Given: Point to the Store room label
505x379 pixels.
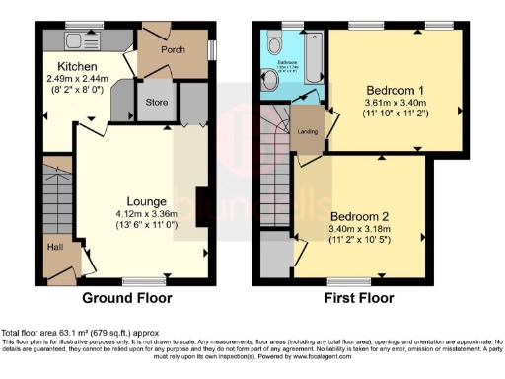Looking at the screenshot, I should click(156, 102).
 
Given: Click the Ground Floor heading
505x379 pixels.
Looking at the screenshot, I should click(126, 298).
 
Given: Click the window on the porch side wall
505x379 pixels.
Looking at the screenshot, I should click(211, 48).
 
